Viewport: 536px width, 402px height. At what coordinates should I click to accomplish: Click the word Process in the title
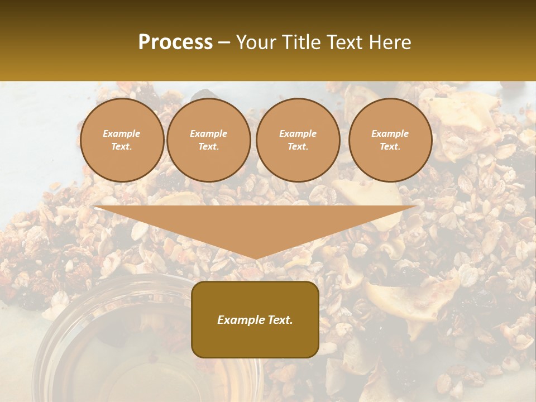tap(175, 42)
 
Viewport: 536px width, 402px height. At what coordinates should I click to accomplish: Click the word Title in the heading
tap(302, 42)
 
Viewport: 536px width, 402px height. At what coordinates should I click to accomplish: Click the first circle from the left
tap(122, 140)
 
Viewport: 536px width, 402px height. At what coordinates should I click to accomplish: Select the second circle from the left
tap(208, 140)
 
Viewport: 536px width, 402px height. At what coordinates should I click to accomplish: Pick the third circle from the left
tap(298, 140)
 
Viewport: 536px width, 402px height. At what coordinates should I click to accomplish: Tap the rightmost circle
tap(390, 140)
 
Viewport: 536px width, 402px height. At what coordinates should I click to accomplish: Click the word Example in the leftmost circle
tap(122, 134)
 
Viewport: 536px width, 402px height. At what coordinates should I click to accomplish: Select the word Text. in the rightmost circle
tap(390, 147)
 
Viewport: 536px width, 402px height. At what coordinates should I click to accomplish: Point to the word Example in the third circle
tap(298, 134)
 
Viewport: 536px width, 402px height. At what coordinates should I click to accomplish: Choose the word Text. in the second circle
tap(208, 147)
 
